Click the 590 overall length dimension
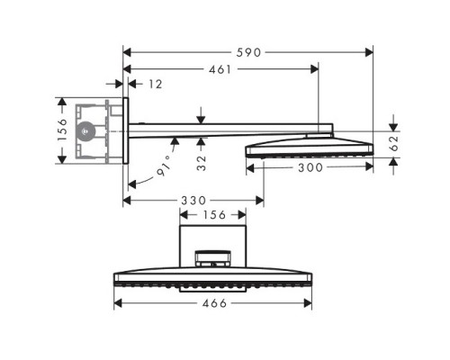[247, 52]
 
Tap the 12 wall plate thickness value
[155, 84]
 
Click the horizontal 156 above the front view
[213, 214]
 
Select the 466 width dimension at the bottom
[213, 304]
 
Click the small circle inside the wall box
[86, 130]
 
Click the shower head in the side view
[308, 146]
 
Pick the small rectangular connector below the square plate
[213, 260]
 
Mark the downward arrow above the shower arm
[202, 115]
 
